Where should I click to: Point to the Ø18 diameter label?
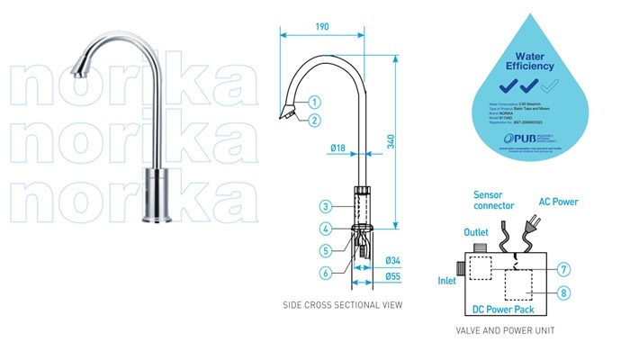coord(337,147)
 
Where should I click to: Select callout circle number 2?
coord(315,120)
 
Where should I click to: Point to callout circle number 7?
coord(563,269)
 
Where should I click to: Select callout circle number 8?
coord(563,292)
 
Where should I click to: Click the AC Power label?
coord(558,202)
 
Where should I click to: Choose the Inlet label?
coord(447,280)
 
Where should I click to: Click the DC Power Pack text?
coord(504,310)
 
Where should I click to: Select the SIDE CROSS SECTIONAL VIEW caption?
coord(342,305)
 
